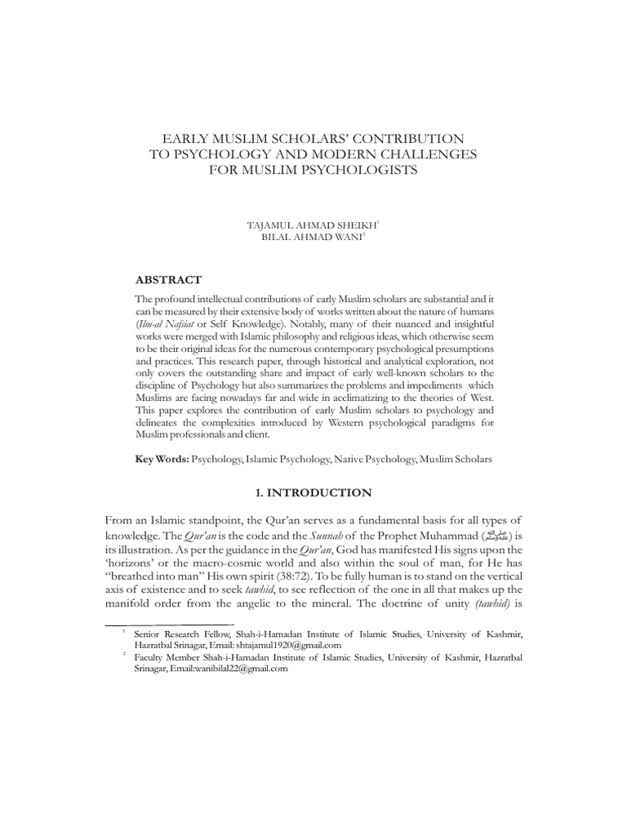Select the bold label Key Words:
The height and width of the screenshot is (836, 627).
(x=162, y=460)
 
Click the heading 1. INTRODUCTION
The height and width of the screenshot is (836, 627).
(x=313, y=493)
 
